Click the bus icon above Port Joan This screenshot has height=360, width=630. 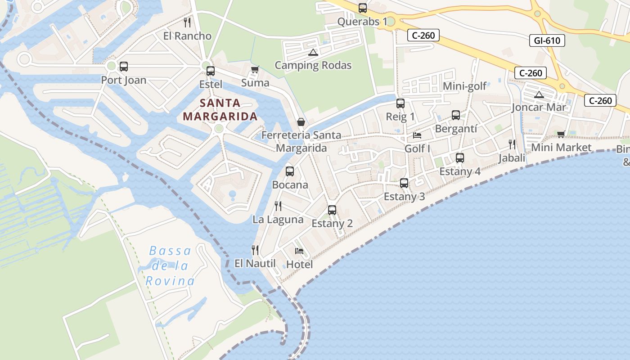pos(124,67)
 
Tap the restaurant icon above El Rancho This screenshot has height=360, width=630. pos(187,22)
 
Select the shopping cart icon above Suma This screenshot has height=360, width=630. pos(255,69)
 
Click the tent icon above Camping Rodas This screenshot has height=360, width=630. pos(313,52)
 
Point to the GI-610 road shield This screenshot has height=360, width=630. pos(547,40)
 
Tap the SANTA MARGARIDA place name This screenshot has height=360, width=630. pos(220,110)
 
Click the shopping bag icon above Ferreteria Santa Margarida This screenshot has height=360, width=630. pos(301,122)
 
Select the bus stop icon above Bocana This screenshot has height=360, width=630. pos(290,171)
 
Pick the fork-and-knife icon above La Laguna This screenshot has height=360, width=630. pos(278,206)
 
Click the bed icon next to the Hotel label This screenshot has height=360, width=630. pos(299,251)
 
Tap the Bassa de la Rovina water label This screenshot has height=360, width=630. pos(170,266)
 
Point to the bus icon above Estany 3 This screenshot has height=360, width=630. pos(404,183)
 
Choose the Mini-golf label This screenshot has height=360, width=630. pos(465,86)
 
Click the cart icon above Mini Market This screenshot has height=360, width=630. pos(561,134)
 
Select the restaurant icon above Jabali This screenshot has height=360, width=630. pos(512,144)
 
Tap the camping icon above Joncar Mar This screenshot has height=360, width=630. pos(539,94)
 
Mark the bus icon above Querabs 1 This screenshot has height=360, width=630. pos(362,8)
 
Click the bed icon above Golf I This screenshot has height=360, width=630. pos(417,135)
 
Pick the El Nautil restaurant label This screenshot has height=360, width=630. pos(255,263)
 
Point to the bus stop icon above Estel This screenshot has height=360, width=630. pos(211,71)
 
